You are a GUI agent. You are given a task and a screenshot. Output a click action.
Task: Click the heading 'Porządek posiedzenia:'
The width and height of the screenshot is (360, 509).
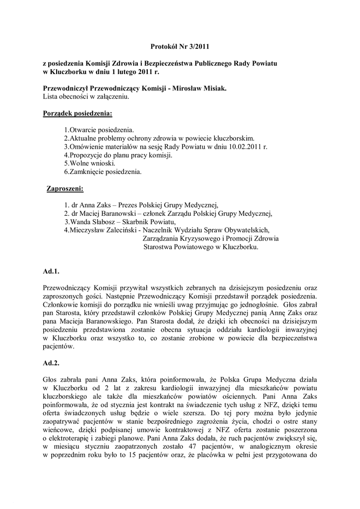(78, 114)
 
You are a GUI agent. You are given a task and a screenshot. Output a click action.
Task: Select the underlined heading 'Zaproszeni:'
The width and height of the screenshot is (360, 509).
(65, 189)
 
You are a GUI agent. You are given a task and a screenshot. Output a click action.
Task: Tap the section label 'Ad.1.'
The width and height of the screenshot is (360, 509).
(52, 271)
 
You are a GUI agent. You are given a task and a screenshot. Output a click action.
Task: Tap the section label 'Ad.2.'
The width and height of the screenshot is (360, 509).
(52, 363)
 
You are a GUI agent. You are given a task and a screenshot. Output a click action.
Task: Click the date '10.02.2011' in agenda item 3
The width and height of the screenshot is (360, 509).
(248, 147)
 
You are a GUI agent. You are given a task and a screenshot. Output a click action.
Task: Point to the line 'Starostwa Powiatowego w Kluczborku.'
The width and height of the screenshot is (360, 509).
(201, 247)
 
